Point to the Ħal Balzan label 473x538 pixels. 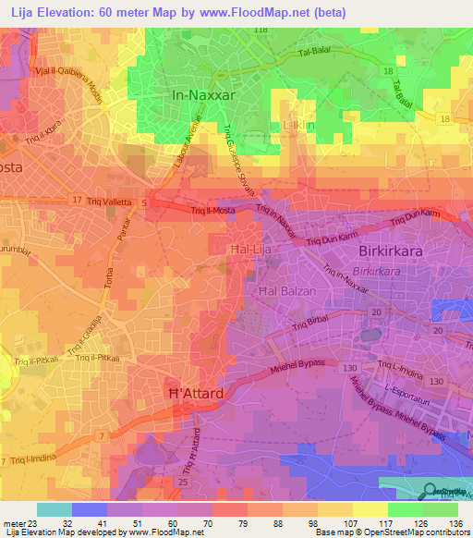click(285, 291)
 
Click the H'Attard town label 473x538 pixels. click(195, 394)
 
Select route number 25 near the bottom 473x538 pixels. click(183, 483)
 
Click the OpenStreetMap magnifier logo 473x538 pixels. click(428, 490)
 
